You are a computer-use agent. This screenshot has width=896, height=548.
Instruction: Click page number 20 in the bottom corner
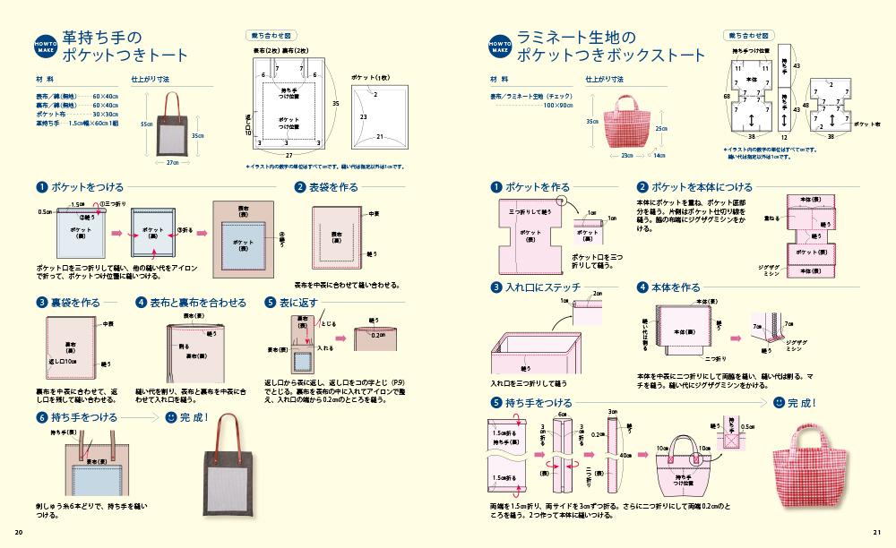[x=18, y=533]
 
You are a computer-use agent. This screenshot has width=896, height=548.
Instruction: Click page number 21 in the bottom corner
[x=877, y=533]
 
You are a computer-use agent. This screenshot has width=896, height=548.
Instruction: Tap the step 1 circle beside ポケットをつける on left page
[x=41, y=187]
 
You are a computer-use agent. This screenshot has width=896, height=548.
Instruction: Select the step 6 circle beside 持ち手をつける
[x=41, y=417]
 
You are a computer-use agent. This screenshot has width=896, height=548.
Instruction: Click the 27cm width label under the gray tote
[x=174, y=163]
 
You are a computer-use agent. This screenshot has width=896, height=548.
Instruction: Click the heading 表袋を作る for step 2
[x=333, y=187]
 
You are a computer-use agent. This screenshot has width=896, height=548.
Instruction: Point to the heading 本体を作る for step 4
[x=676, y=287]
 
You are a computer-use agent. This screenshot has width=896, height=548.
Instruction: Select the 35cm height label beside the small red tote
[x=592, y=121]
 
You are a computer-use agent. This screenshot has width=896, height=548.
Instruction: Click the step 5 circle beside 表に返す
[x=270, y=303]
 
